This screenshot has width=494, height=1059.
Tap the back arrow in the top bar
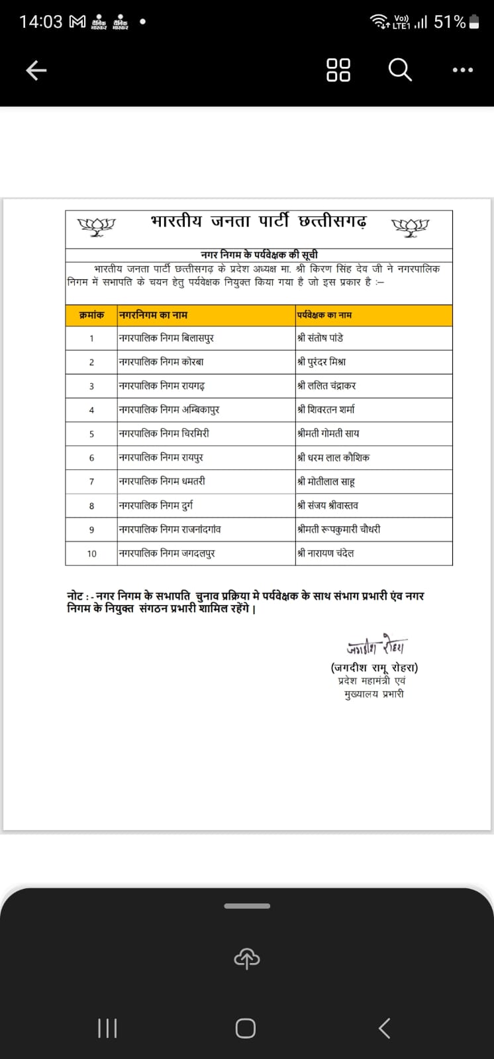point(36,69)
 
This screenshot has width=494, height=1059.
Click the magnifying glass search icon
point(399,69)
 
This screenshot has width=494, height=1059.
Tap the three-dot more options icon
point(462,69)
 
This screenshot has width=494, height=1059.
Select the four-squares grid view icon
point(338,69)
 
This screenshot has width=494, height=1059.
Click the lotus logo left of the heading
point(97,226)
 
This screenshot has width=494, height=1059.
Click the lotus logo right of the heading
point(411,226)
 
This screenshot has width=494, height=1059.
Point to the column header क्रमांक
point(91,315)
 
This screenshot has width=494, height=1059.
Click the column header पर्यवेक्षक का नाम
point(324,315)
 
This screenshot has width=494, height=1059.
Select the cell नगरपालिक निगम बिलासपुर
point(166,338)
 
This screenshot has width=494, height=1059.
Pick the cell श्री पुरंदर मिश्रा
point(322,362)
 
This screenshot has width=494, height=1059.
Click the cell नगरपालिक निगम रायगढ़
point(162,386)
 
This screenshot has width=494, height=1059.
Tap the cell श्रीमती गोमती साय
point(328,434)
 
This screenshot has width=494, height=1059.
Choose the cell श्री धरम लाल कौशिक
point(334,457)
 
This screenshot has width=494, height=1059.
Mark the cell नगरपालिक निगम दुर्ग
point(156,506)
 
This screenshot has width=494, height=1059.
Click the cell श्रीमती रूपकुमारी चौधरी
point(339,529)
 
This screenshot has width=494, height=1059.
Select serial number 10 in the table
point(91,553)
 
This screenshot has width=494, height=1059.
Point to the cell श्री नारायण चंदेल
point(326,553)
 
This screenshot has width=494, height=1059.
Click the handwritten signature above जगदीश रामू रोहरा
point(377,646)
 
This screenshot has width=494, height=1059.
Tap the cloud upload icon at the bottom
point(246,957)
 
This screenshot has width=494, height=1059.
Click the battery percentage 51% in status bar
point(450,22)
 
